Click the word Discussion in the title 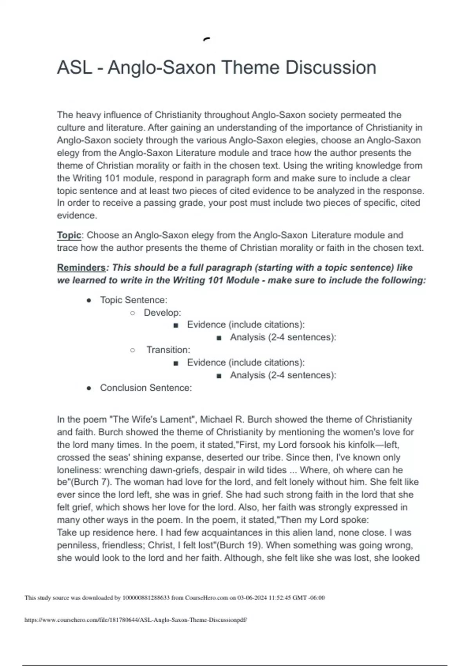coord(331,67)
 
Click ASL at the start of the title coord(74,67)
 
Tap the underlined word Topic coord(69,235)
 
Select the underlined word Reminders coord(81,268)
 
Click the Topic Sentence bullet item coord(134,300)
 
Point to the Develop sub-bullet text coord(162,313)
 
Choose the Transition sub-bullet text coord(168,350)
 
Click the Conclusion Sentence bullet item coord(146,388)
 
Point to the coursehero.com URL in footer coord(136,620)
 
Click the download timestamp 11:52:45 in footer coord(280,598)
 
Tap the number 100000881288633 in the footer coord(146,598)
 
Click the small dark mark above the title coord(206,39)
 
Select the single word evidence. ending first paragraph coord(77,215)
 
